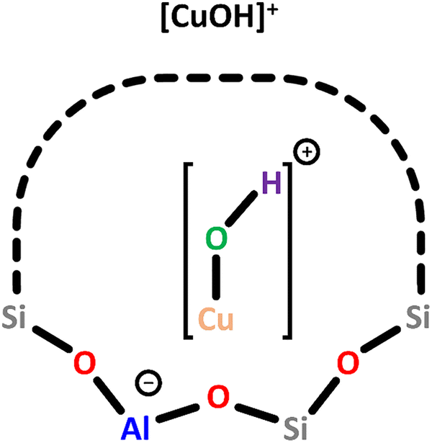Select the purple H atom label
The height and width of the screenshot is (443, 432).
tap(271, 184)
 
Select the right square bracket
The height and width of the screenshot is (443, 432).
tap(287, 250)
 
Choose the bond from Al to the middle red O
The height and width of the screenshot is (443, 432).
tap(174, 410)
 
